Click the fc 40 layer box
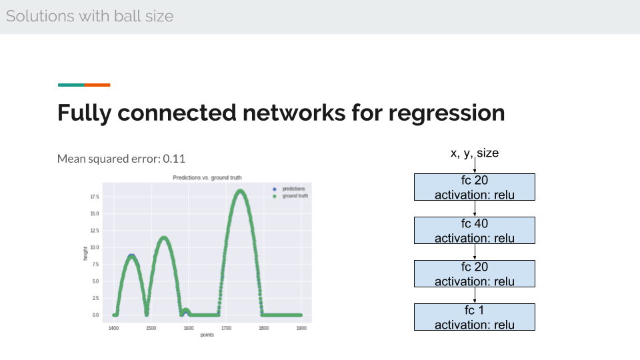474,230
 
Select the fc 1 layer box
474,317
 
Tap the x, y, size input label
474,153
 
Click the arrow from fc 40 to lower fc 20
475,252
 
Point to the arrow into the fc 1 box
475,295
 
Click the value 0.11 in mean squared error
174,159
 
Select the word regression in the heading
447,113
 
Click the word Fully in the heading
84,113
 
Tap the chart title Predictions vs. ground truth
207,177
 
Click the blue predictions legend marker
274,189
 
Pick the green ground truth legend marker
274,196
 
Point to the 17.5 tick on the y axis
94,197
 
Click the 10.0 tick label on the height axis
94,247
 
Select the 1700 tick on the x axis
226,328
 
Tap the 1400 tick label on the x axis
113,328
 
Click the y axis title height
85,253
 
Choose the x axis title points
207,335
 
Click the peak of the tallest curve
241,191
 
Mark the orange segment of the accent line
97,85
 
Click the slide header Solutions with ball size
90,16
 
